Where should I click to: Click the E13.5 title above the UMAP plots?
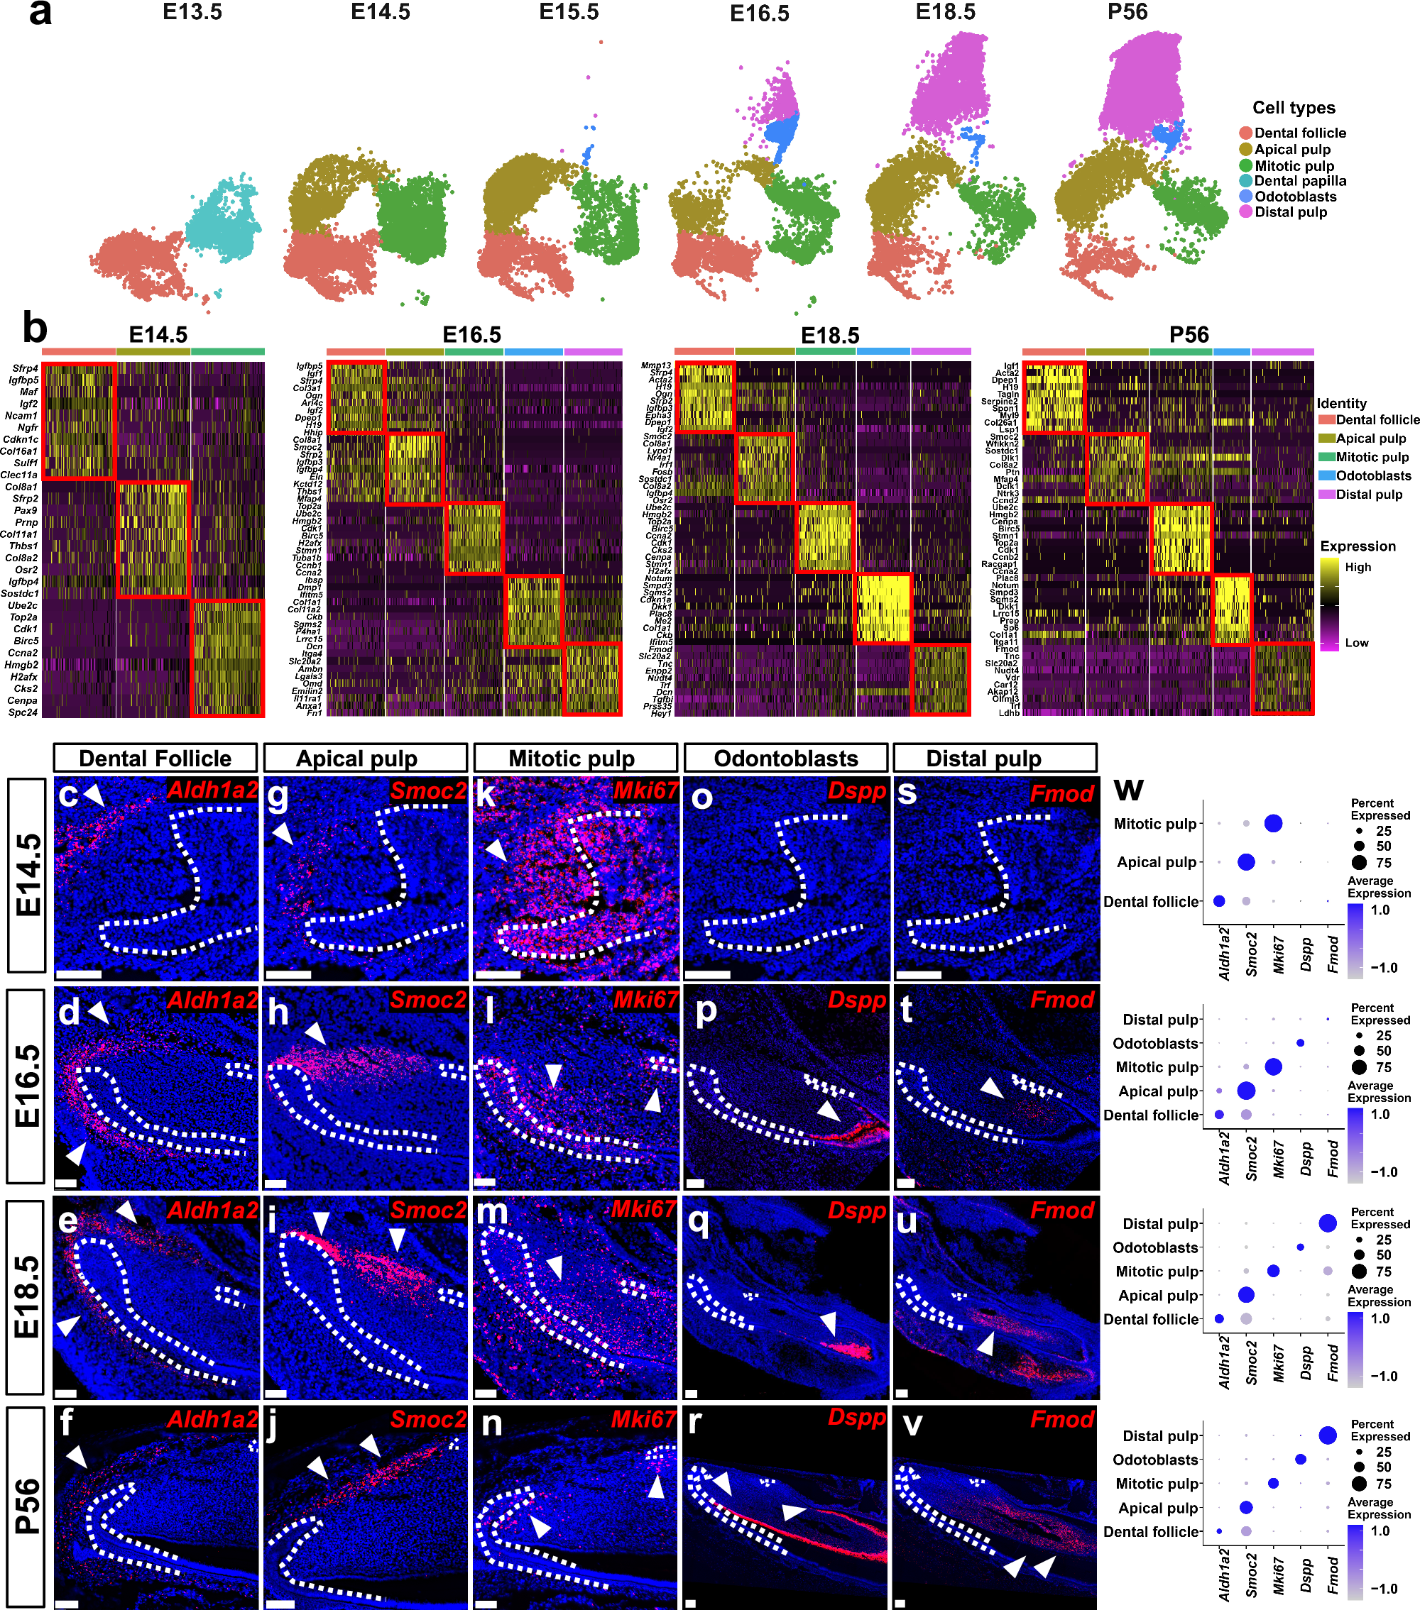pos(192,13)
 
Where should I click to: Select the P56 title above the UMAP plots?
pos(1127,13)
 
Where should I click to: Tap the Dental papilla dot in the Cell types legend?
pos(1245,181)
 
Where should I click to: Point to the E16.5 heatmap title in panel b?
pos(471,335)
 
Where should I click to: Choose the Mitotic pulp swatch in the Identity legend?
pos(1326,458)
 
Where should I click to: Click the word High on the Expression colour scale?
pos(1358,567)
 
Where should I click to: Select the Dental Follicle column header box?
pos(155,759)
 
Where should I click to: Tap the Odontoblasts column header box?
pos(786,759)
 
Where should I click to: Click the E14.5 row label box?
pos(27,875)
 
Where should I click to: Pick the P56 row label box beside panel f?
pos(27,1506)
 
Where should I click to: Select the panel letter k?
pos(486,795)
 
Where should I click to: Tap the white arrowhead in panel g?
pos(283,833)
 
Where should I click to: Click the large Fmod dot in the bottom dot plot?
pos(1328,1436)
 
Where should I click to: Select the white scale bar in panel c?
pos(80,974)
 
